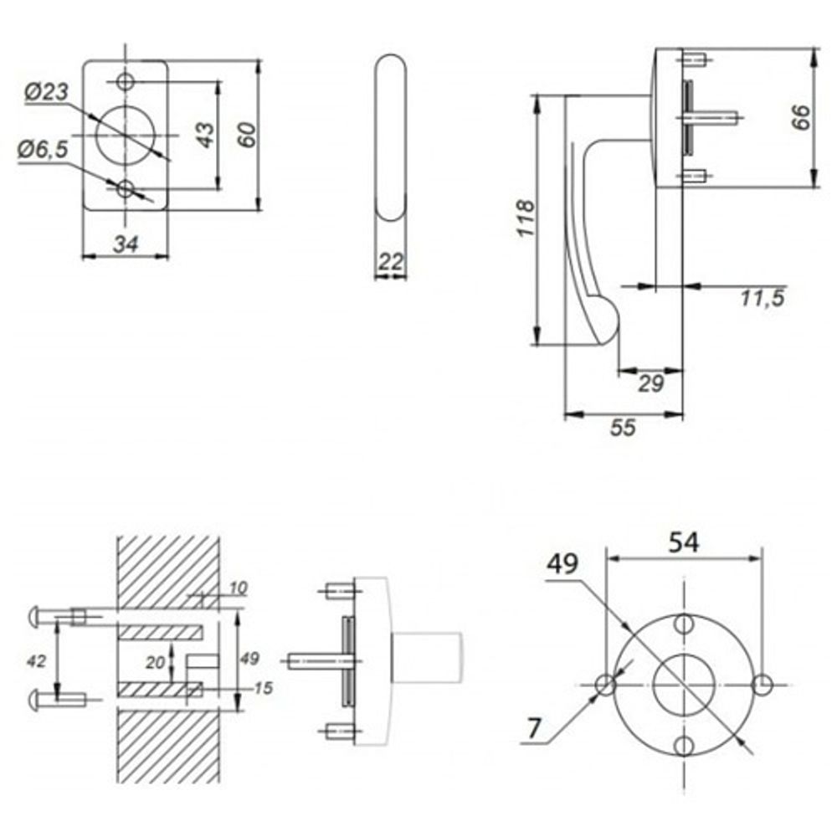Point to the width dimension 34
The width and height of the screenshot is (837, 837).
pyautogui.click(x=125, y=244)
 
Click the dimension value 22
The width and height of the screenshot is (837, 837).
pyautogui.click(x=391, y=261)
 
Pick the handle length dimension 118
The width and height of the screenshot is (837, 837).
pyautogui.click(x=525, y=219)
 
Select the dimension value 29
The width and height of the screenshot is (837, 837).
pyautogui.click(x=650, y=383)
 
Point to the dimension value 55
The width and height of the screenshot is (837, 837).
pyautogui.click(x=623, y=428)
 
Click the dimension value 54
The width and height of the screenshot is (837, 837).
pyautogui.click(x=684, y=542)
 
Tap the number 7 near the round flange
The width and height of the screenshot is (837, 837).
pyautogui.click(x=534, y=729)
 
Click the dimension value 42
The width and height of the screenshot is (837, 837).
pyautogui.click(x=36, y=660)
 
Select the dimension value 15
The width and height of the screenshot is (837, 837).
pyautogui.click(x=262, y=688)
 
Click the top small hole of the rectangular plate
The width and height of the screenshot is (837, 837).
pyautogui.click(x=126, y=81)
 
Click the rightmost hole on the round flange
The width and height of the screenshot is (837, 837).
pyautogui.click(x=762, y=685)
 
